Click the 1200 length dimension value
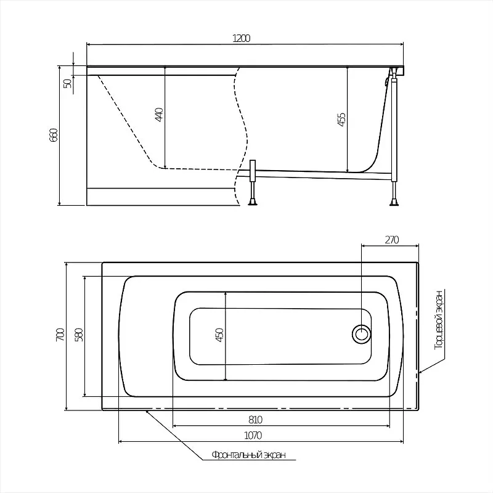(x=241, y=38)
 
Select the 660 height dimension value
(x=54, y=135)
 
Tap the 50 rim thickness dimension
(x=68, y=83)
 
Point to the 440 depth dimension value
(x=159, y=115)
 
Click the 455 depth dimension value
(x=341, y=120)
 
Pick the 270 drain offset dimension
(x=392, y=240)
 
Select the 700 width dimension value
(x=60, y=335)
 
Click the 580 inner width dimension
(x=79, y=335)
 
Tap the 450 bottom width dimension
(x=219, y=335)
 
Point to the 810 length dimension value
(x=255, y=420)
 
